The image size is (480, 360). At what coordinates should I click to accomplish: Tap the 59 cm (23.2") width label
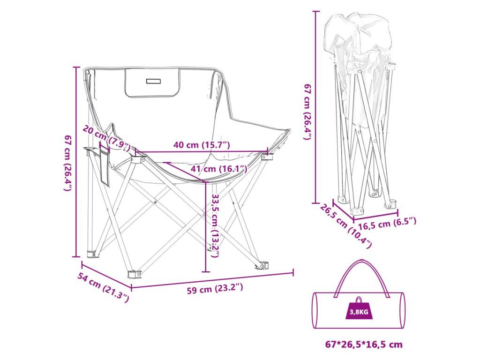pos(215,289)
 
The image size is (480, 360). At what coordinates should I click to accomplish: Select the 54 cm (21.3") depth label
pos(103,287)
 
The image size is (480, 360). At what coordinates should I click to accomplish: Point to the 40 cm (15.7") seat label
pos(202,145)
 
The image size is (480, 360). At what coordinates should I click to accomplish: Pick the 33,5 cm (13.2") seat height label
pos(216,225)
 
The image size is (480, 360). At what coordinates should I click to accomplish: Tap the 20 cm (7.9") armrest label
pos(106,137)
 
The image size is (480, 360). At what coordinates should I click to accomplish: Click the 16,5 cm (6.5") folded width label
pos(384,224)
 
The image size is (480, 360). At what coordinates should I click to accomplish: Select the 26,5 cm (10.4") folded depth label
pos(346,225)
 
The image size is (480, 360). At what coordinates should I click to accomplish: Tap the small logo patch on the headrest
pos(153,81)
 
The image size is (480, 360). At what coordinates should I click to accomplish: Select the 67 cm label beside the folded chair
pos(307,112)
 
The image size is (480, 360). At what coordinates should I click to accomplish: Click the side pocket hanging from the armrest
pos(104,166)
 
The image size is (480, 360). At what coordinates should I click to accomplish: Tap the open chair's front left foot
pos(135,273)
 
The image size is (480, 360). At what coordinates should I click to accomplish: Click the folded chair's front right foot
pos(389,204)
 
